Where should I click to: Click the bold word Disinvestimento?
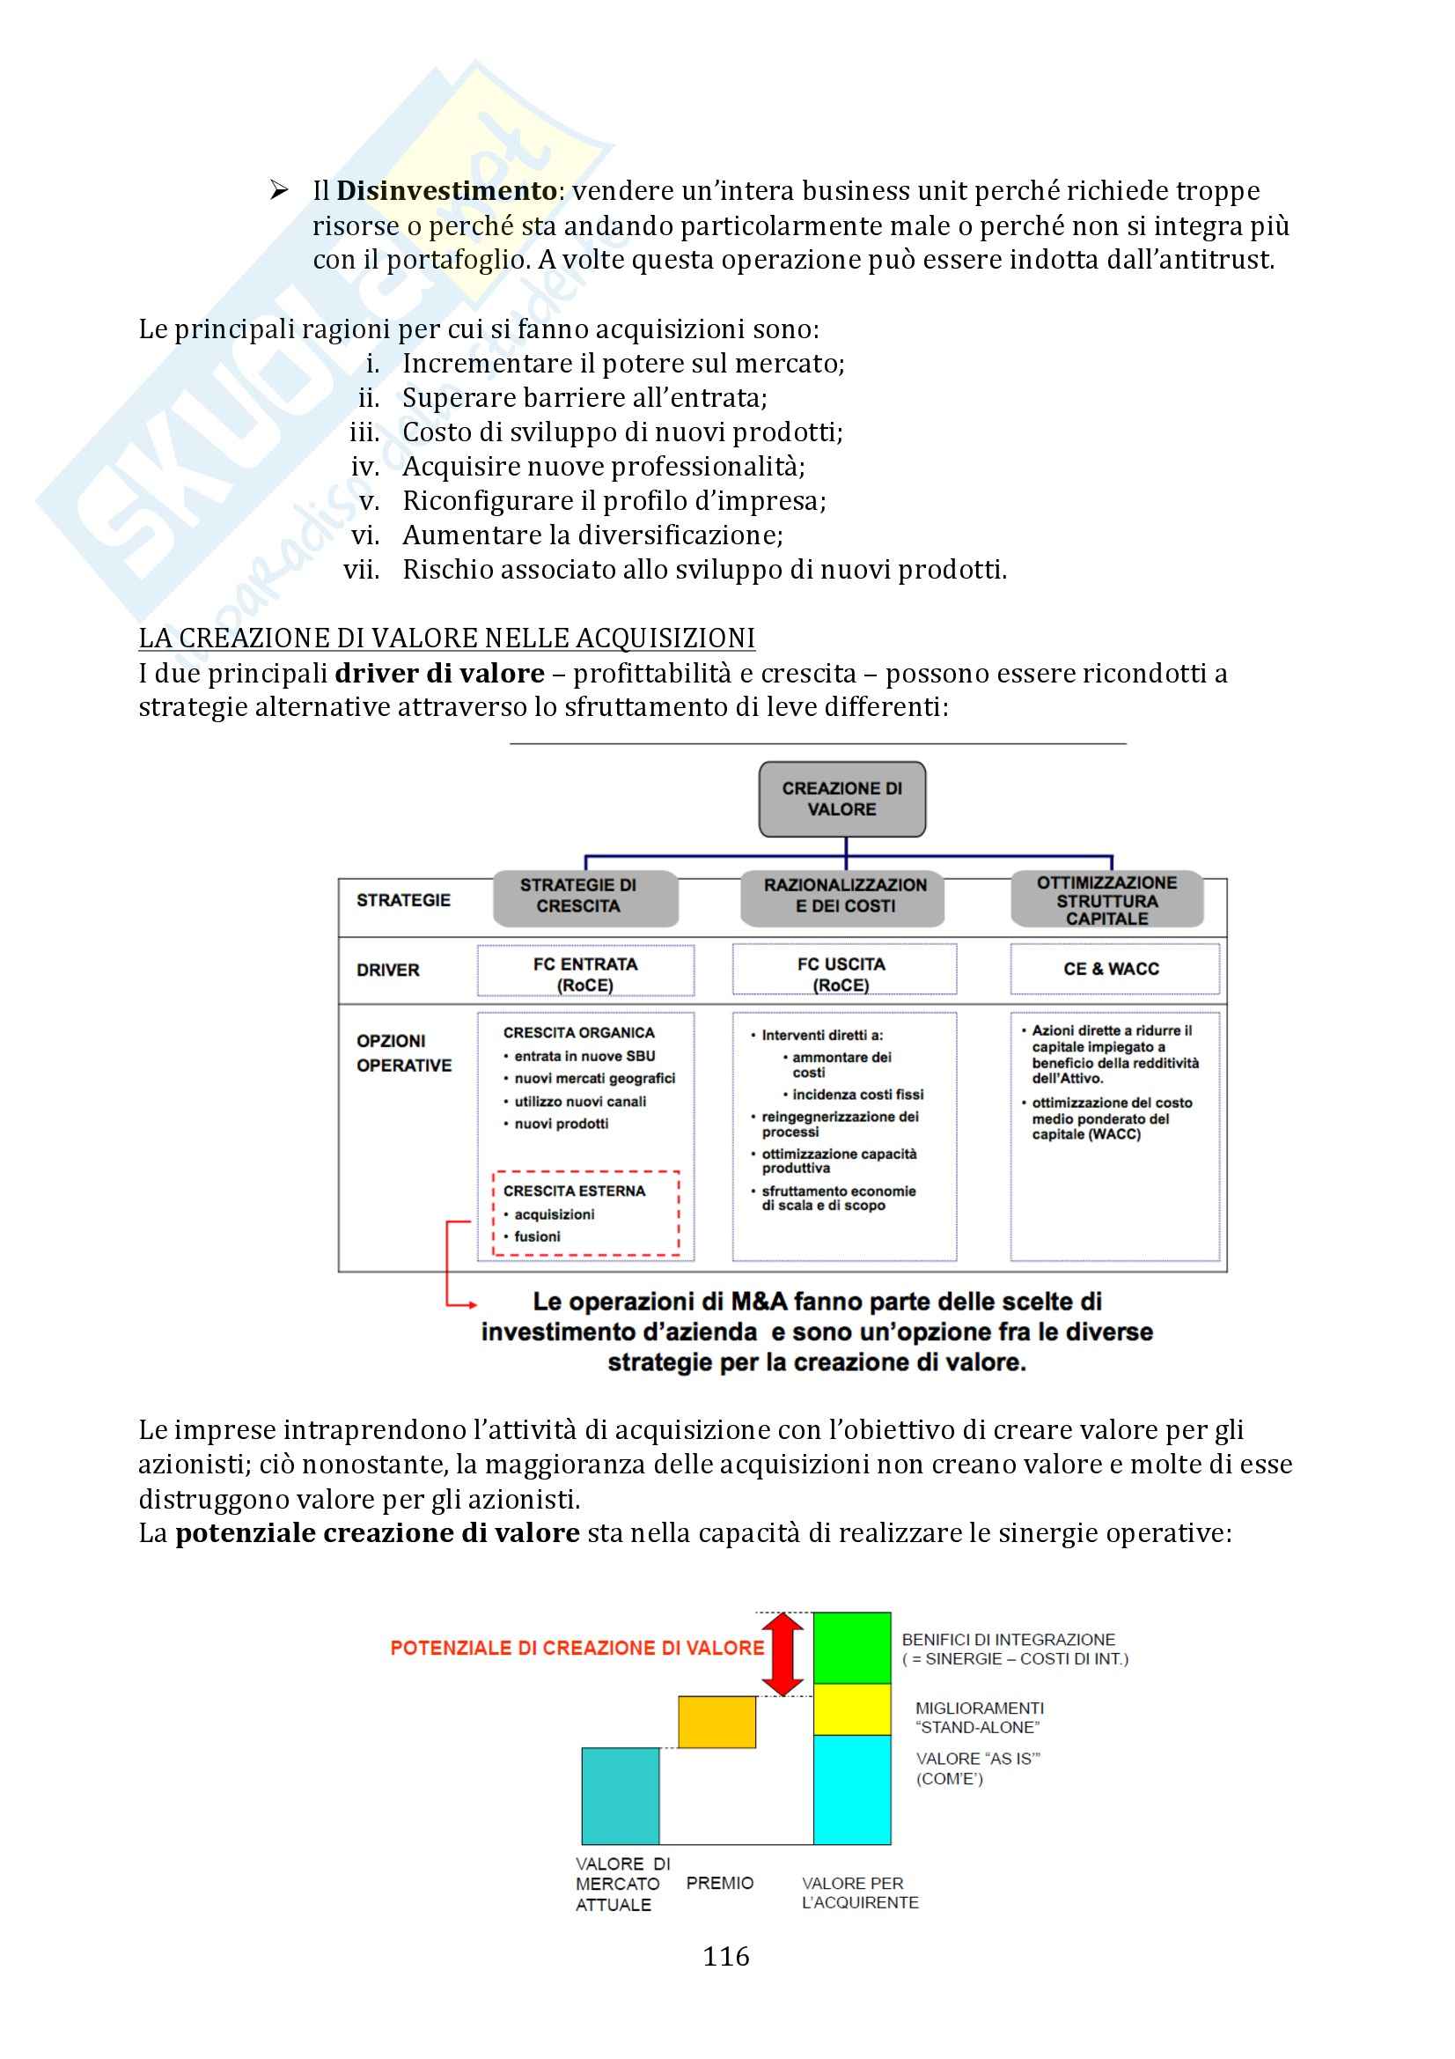point(446,191)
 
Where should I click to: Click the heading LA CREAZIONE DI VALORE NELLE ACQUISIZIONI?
point(446,638)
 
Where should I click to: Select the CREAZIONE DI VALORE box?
point(841,799)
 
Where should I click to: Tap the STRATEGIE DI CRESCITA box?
point(584,897)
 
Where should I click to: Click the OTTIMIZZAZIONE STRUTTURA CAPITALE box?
point(1106,899)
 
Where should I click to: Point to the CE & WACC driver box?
point(1113,969)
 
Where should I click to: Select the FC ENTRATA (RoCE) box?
point(585,973)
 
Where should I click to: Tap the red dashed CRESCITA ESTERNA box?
point(585,1213)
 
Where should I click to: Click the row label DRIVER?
point(388,970)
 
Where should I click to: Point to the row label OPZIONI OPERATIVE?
point(403,1052)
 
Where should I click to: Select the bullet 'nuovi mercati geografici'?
point(593,1078)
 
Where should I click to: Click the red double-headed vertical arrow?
point(783,1654)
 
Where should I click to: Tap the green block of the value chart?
point(852,1648)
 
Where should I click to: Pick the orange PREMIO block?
point(716,1722)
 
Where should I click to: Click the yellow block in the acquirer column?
point(852,1709)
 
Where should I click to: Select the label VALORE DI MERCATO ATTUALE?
point(621,1883)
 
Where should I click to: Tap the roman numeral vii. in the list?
point(361,571)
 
